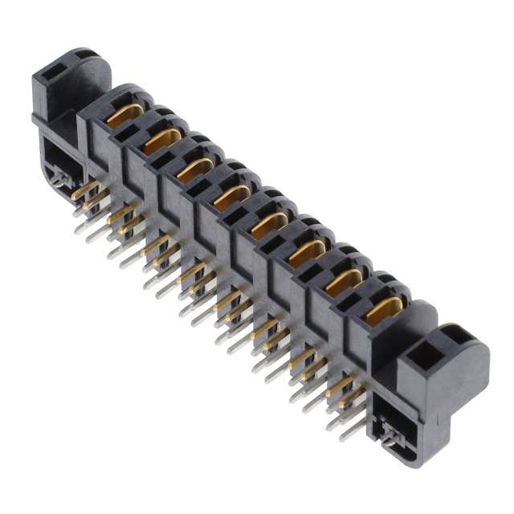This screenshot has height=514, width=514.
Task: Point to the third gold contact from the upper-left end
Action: coord(196,168)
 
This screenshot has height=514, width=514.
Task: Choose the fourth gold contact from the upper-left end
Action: coord(232,196)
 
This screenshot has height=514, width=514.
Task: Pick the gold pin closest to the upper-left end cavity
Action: coord(84,191)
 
